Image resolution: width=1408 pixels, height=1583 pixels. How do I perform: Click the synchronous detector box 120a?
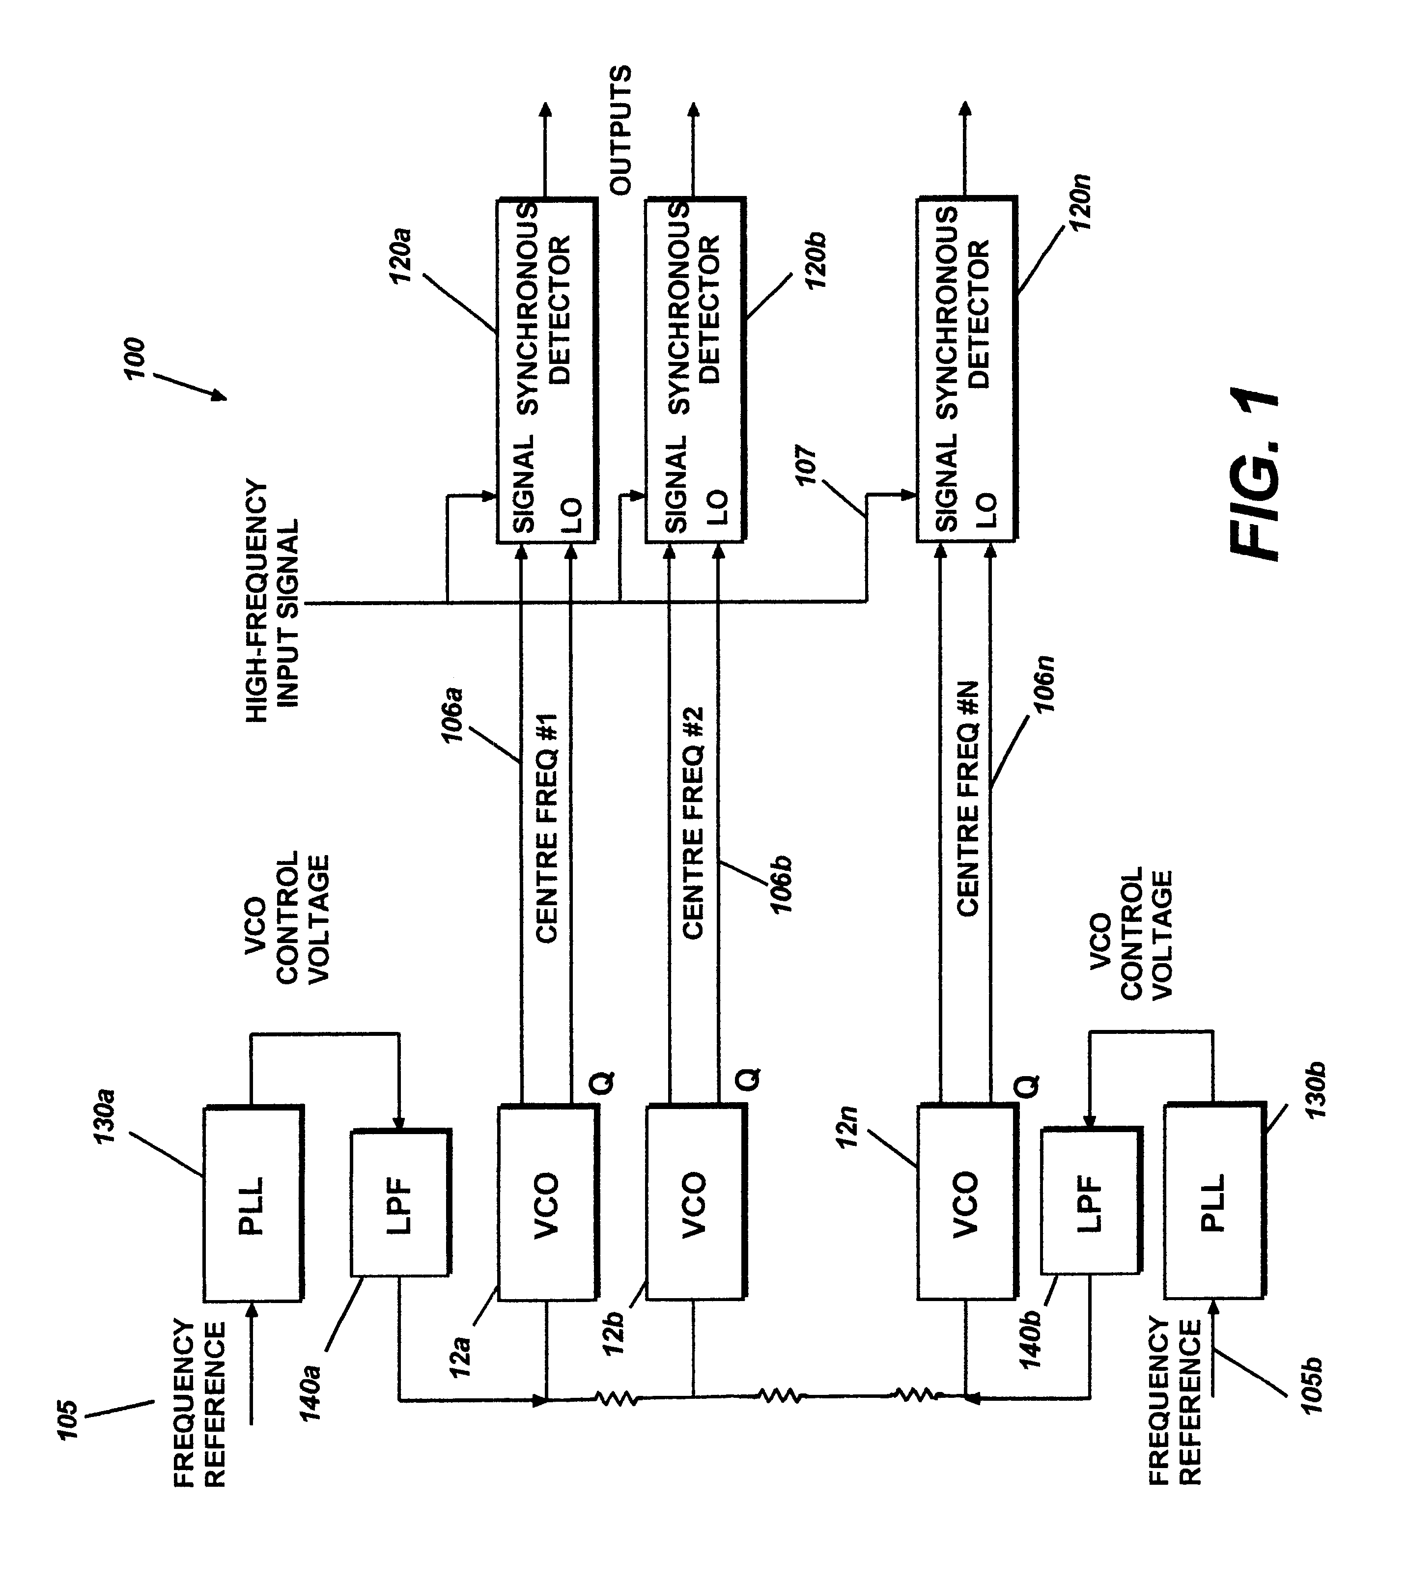pyautogui.click(x=545, y=371)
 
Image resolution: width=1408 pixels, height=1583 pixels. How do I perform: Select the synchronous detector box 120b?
pyautogui.click(x=695, y=371)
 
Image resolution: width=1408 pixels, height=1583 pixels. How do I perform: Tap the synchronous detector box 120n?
pyautogui.click(x=966, y=371)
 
